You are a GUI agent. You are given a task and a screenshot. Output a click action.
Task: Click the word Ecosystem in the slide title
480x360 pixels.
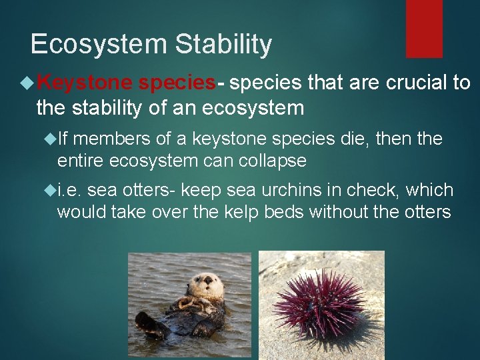(99, 45)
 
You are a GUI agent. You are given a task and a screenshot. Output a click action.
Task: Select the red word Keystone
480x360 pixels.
(86, 83)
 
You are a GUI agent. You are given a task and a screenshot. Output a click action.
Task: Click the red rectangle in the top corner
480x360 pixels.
(424, 28)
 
